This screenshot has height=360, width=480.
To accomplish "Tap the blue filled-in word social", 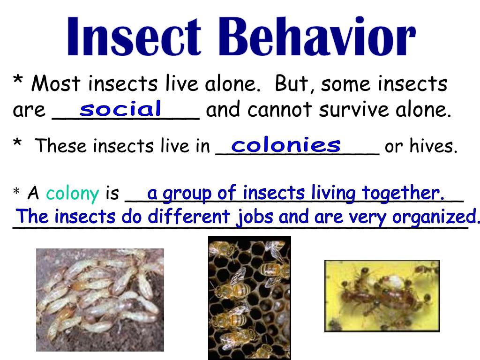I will point(120,109).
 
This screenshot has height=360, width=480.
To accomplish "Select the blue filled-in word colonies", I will point(286,145).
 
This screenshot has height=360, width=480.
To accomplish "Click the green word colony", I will point(73,193).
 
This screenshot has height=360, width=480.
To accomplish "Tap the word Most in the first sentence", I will point(56,84).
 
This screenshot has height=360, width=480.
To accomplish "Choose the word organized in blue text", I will point(434,217).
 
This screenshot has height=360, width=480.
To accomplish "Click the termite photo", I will point(100,300).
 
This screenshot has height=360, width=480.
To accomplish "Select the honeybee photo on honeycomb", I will point(249,298).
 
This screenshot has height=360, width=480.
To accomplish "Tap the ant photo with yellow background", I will point(382,296).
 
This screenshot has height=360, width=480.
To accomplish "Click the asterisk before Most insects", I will point(18,82).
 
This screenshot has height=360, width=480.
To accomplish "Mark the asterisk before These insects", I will point(18,144).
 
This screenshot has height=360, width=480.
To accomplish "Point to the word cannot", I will point(280,110).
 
